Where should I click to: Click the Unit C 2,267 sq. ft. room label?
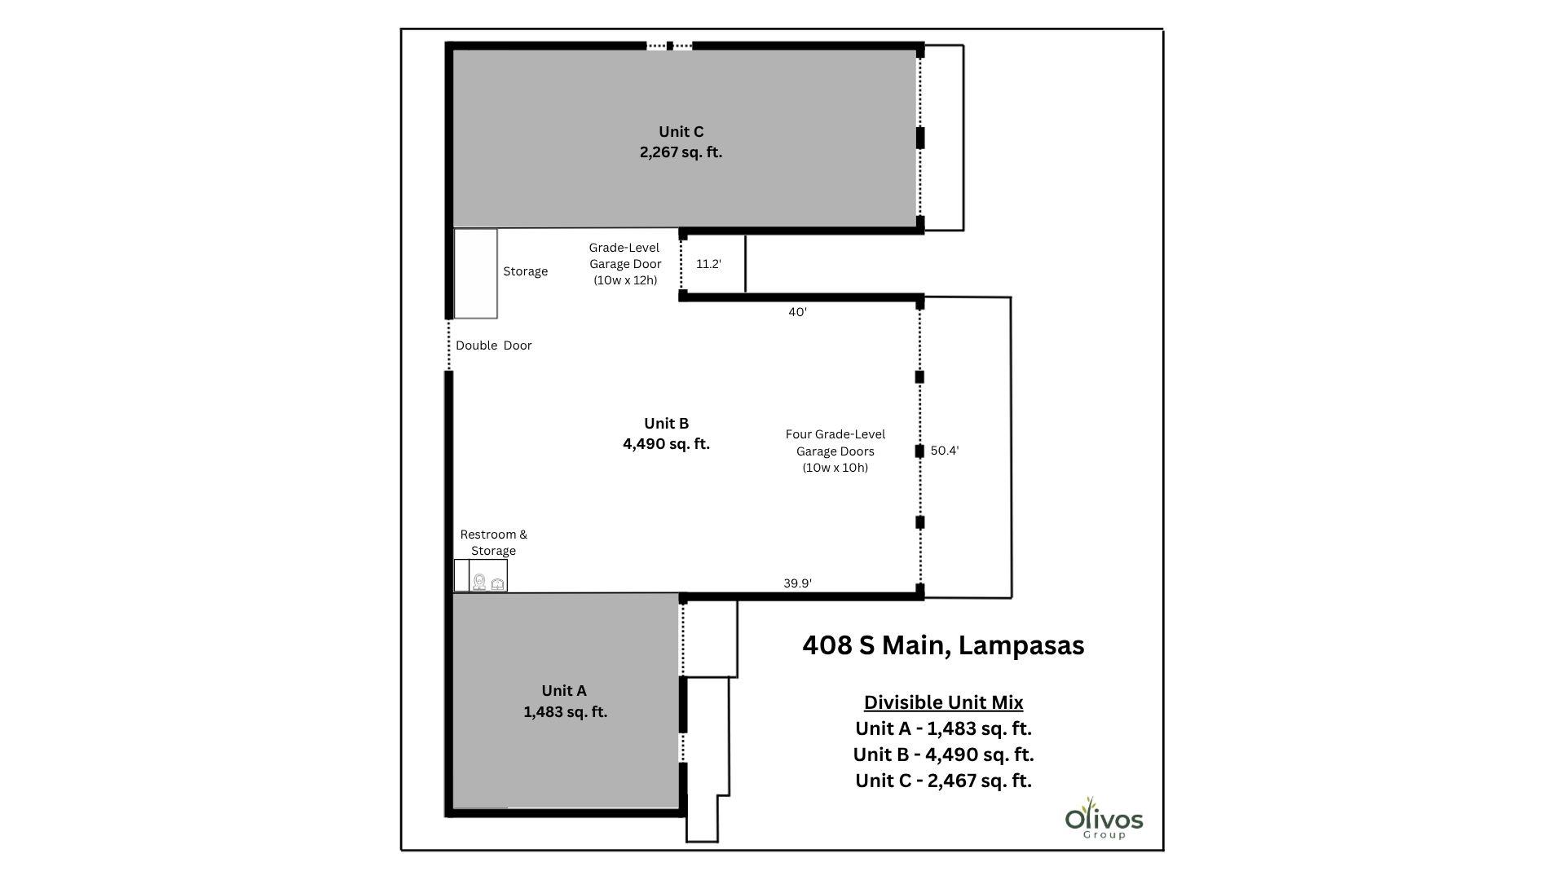coord(681,142)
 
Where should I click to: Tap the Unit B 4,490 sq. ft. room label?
coord(666,433)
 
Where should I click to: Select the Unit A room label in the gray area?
coord(564,701)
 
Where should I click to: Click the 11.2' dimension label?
coord(708,264)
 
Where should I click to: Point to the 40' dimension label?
coord(797,312)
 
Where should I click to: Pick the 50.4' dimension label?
coord(944,451)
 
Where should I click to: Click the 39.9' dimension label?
coord(797,583)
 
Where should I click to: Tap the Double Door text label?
coord(493,345)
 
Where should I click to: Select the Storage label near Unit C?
coord(525,271)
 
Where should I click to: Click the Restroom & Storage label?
coord(493,543)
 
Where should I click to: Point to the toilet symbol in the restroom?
coord(479,582)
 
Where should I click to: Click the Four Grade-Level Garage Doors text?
coord(835,451)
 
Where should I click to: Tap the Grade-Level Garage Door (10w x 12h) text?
coord(624,264)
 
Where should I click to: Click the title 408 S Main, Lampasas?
coord(943,645)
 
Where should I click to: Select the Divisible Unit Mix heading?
coord(943,702)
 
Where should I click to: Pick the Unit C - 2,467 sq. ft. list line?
coord(943,781)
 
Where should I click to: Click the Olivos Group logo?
coord(1104,819)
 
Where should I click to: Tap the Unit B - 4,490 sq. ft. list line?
coord(943,755)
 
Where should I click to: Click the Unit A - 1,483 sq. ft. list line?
coord(943,728)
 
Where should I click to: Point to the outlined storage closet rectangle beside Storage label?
coord(475,274)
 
